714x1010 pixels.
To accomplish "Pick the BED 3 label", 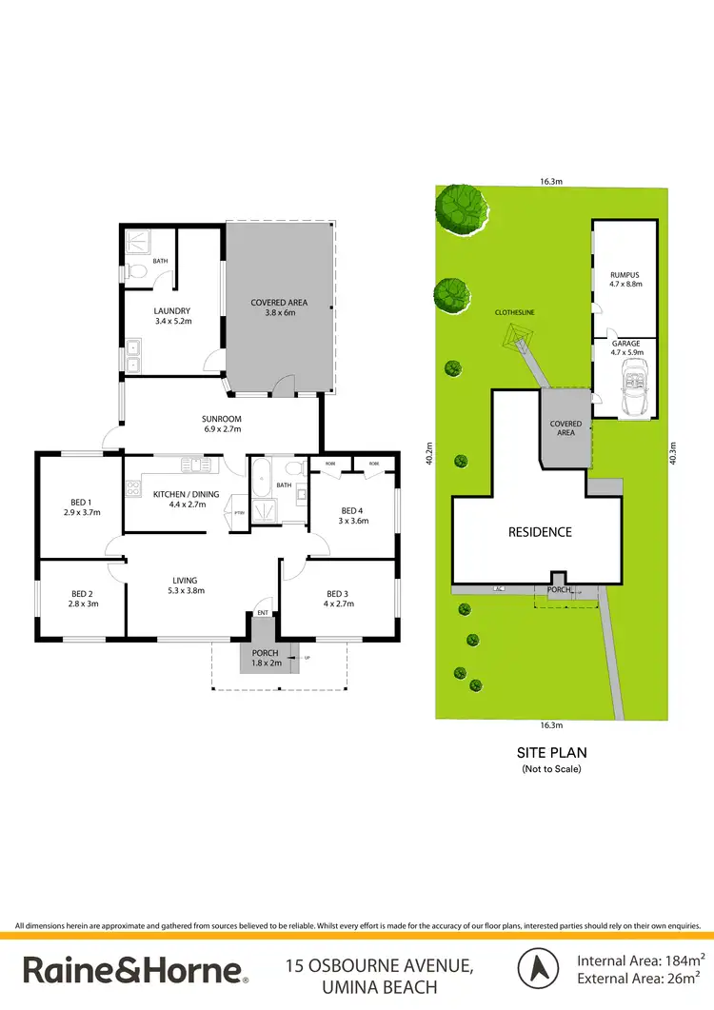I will [338, 597].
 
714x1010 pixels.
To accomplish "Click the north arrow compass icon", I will [537, 968].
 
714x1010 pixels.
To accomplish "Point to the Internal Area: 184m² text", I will [640, 960].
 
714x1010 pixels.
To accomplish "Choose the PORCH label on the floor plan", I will [265, 657].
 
